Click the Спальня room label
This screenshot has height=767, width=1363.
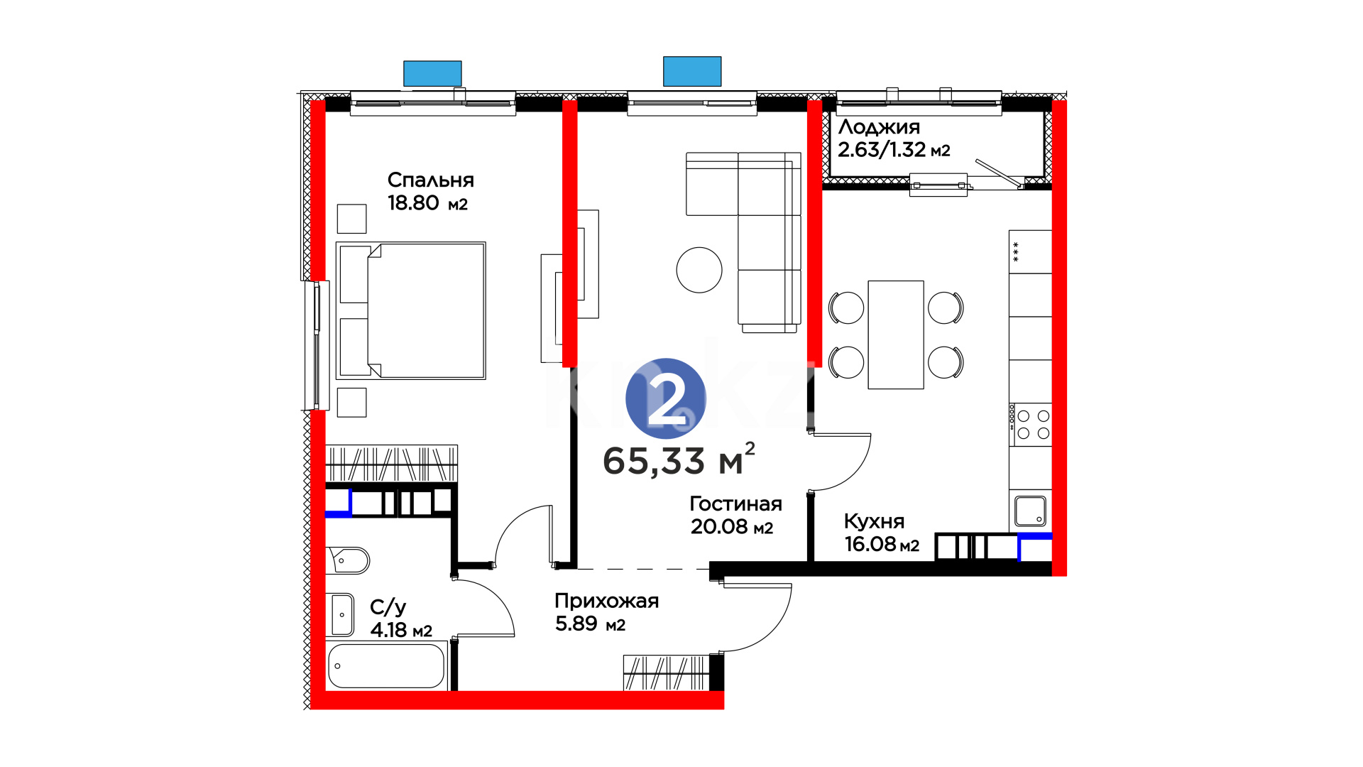430,180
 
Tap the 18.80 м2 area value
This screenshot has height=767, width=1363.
427,203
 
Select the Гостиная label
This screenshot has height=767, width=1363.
735,504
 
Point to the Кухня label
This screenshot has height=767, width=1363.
874,522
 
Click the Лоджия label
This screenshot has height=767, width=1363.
879,128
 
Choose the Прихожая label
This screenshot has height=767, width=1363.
607,602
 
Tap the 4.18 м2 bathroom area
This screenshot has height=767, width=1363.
401,630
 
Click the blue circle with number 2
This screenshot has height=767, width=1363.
666,398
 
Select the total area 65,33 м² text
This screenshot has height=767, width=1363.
679,459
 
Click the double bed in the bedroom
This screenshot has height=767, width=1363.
411,310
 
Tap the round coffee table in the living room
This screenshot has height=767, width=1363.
699,270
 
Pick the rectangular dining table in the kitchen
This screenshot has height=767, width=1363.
896,334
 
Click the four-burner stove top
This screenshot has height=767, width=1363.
1033,425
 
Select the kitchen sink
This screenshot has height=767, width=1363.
1030,511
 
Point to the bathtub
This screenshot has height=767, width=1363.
387,665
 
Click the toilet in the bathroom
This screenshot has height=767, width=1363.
348,560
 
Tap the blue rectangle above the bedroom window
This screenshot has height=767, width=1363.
432,74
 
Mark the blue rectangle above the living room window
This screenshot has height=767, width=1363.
692,72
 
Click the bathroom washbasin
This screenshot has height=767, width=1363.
342,614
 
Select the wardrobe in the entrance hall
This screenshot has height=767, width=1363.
666,673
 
